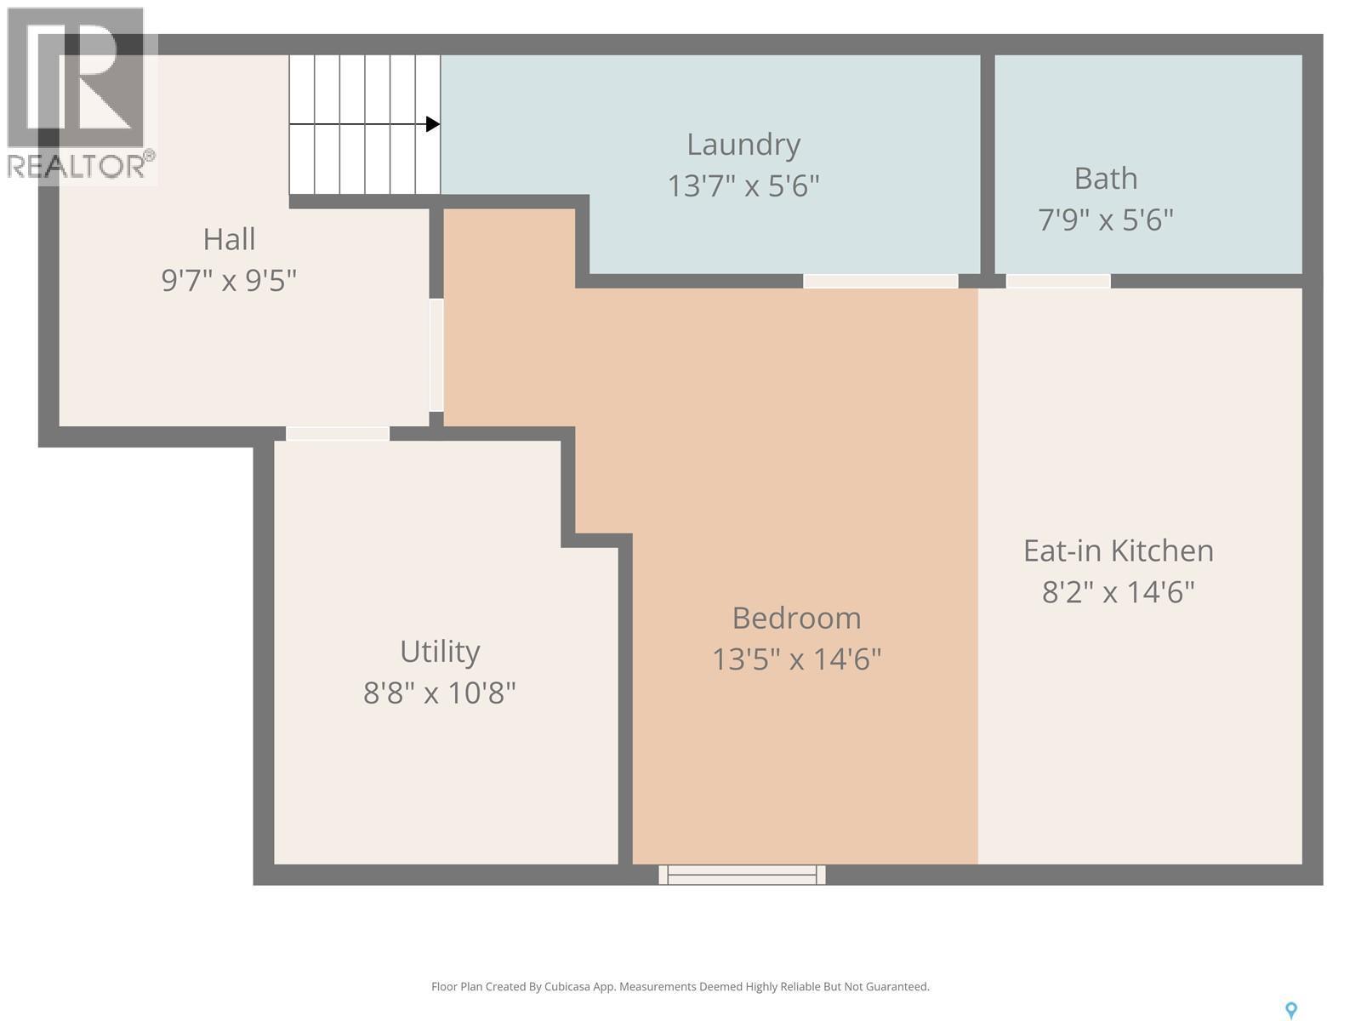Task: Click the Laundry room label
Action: click(743, 145)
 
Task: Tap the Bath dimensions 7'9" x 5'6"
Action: click(1105, 220)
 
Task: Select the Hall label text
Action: click(229, 239)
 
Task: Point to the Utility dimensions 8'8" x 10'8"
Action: click(439, 693)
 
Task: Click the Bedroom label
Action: click(796, 618)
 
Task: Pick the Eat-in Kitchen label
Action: click(1118, 550)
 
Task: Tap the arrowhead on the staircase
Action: click(432, 124)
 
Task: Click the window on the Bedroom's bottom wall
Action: click(742, 874)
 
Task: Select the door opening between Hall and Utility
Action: click(338, 434)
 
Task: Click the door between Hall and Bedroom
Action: click(436, 355)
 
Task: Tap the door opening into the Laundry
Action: click(880, 281)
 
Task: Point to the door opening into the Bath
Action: click(1058, 281)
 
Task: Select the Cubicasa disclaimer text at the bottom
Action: click(680, 987)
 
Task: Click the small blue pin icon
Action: click(1290, 1010)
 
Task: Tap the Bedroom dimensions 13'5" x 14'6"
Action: click(796, 659)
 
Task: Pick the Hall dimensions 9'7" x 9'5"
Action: click(229, 280)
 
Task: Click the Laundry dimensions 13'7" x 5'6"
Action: click(743, 185)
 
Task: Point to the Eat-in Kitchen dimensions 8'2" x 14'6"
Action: click(1118, 592)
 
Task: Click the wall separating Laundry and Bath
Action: click(987, 162)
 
